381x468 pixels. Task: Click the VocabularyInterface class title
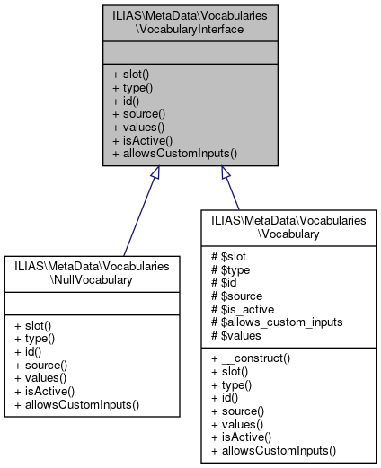[x=190, y=24]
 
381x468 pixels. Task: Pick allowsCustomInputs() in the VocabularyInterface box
[x=174, y=154]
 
